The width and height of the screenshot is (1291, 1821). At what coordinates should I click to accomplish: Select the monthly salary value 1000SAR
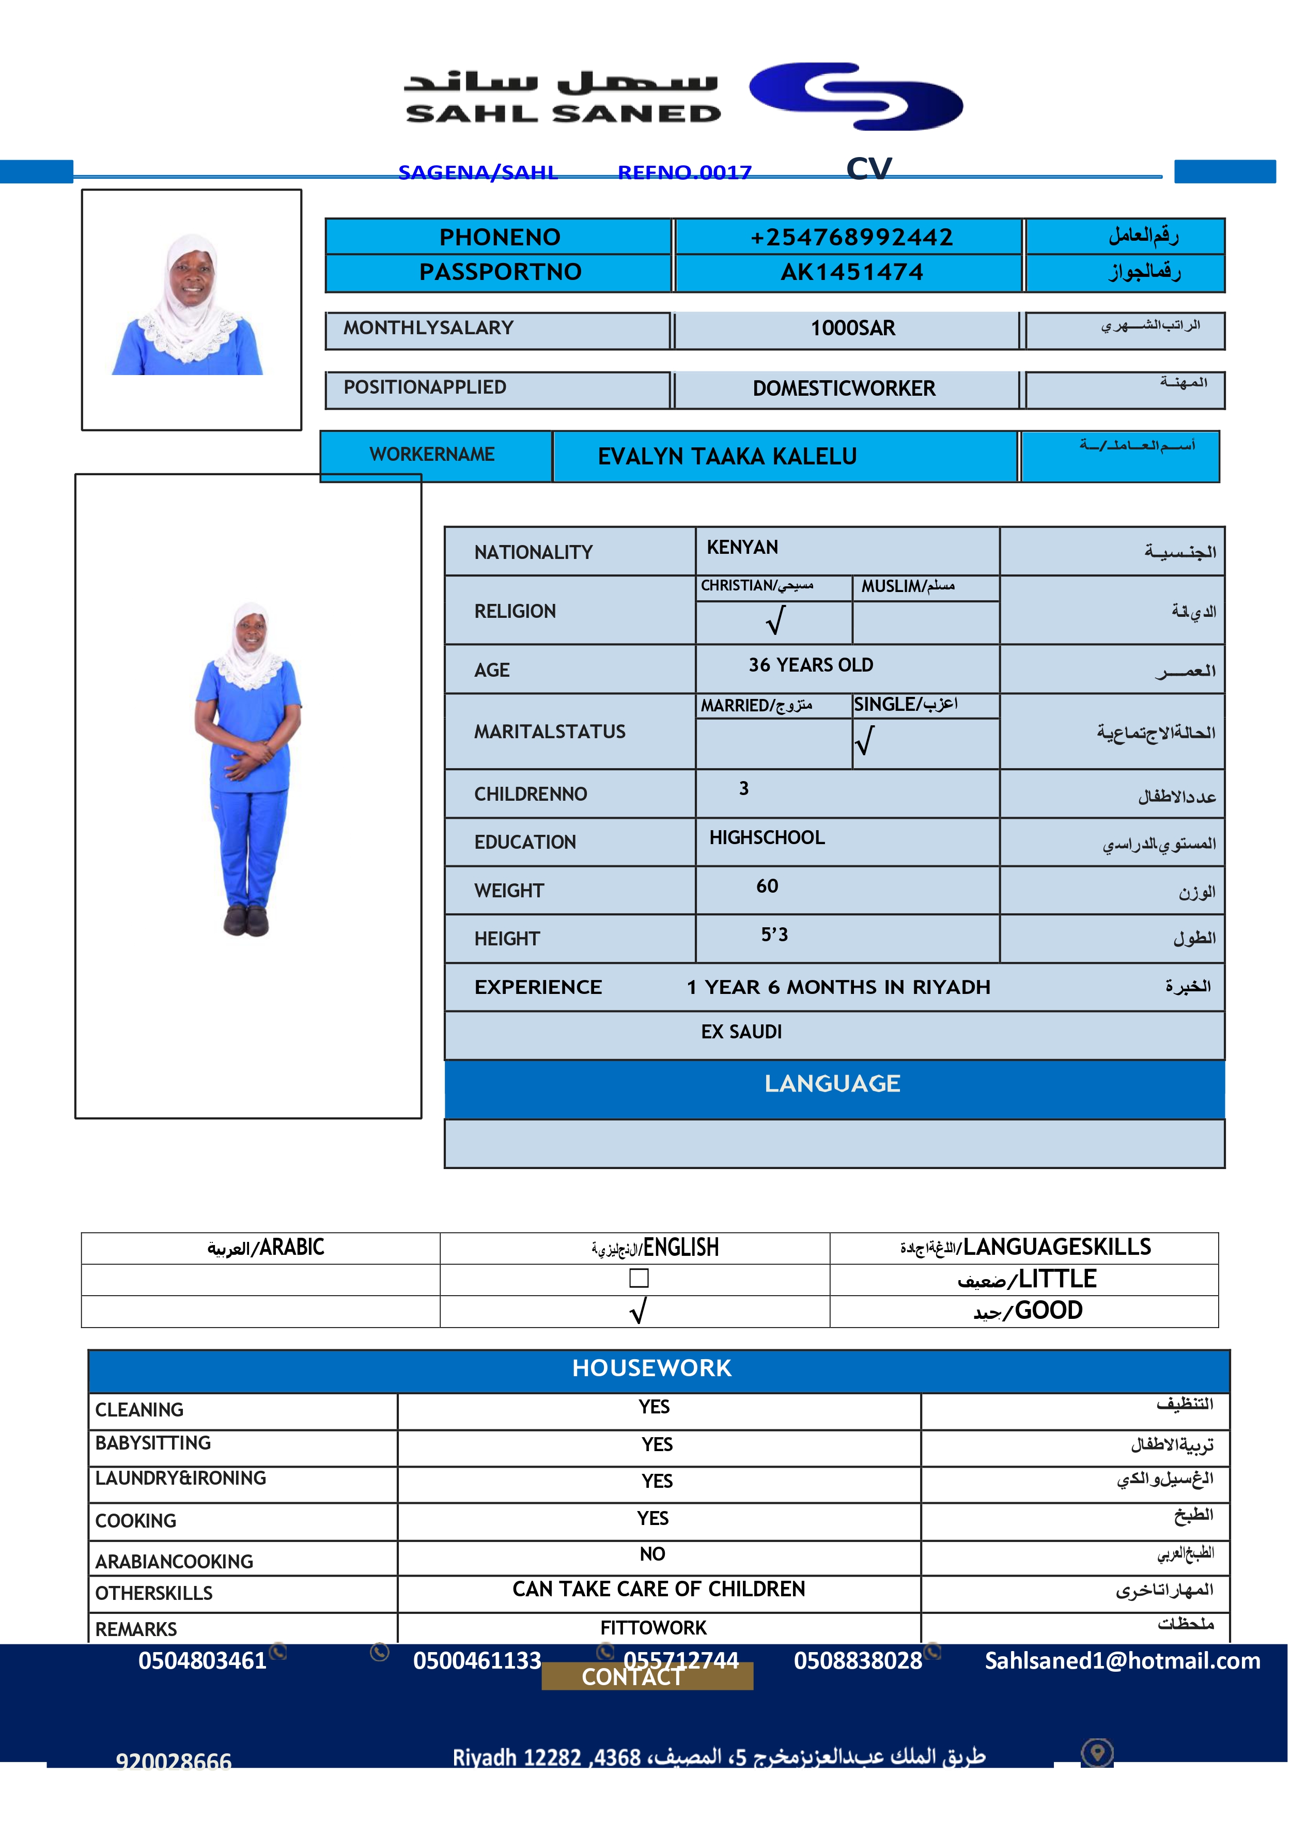click(852, 328)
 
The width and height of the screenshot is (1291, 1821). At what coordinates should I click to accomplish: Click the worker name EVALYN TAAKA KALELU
click(727, 456)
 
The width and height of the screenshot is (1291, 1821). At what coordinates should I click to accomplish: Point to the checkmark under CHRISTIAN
click(775, 621)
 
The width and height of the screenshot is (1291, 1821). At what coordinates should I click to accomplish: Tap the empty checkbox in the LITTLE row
click(639, 1278)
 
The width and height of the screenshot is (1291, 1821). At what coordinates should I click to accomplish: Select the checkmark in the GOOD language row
click(637, 1311)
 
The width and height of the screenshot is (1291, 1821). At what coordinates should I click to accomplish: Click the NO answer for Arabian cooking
click(652, 1554)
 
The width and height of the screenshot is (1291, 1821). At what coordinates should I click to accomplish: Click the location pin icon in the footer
click(1097, 1753)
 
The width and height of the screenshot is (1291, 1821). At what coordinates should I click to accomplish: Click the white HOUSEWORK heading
click(652, 1368)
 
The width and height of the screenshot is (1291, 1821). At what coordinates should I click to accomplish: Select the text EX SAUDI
click(741, 1032)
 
